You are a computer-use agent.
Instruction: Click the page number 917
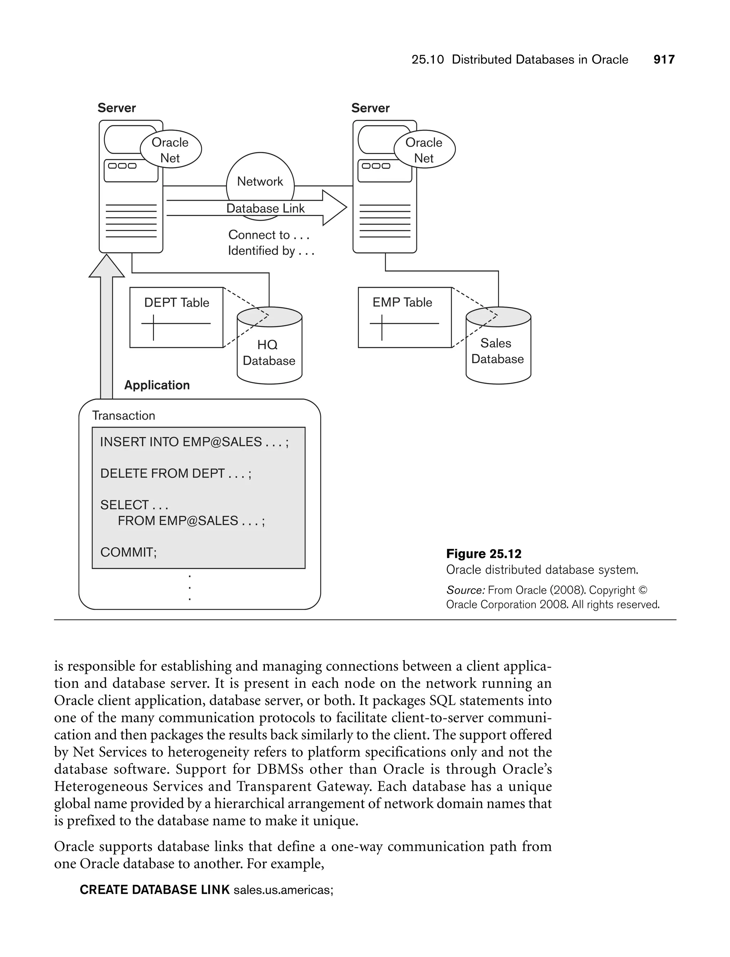(663, 60)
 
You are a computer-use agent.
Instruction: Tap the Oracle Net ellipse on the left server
(170, 149)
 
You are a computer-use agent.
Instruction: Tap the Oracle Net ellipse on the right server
(424, 149)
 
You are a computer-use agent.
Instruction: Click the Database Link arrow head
(335, 208)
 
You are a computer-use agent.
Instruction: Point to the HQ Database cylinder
(269, 352)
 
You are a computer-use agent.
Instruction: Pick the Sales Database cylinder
(498, 351)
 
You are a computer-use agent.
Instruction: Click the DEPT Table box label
(176, 302)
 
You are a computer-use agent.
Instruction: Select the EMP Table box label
(402, 302)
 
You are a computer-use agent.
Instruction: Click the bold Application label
(157, 385)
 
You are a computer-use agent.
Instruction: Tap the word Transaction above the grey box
(123, 415)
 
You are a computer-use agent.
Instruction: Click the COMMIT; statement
(128, 552)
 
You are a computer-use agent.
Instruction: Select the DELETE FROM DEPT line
(175, 473)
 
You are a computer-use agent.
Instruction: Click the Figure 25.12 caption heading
(484, 554)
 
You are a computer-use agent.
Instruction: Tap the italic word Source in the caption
(464, 590)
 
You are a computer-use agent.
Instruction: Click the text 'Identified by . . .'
(271, 251)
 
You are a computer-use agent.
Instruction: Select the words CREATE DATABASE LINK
(155, 890)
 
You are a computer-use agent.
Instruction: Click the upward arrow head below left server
(107, 266)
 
